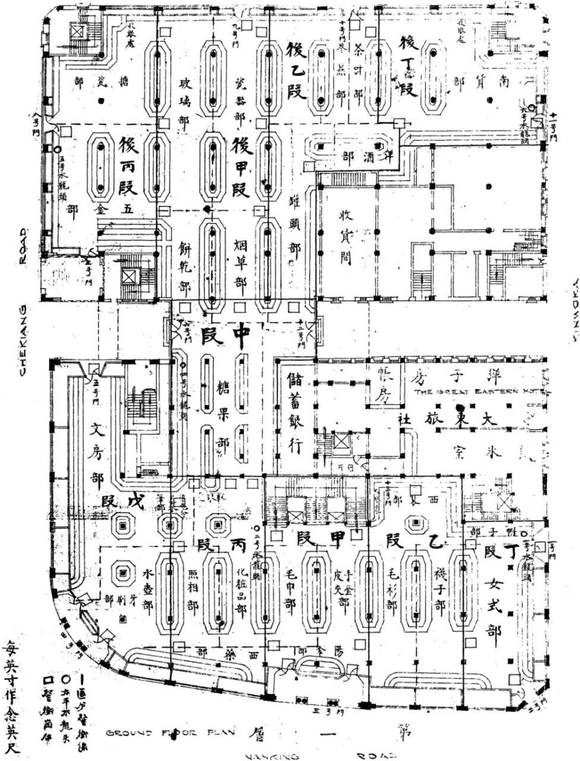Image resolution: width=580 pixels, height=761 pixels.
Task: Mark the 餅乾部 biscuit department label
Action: pos(184,268)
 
